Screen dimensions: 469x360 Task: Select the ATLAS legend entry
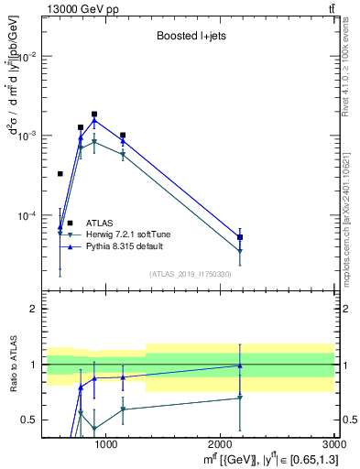coord(100,223)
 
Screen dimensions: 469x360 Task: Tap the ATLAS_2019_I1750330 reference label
coord(190,274)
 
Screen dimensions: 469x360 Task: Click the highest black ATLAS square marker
coord(94,115)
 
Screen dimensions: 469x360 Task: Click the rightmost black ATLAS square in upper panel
coord(240,237)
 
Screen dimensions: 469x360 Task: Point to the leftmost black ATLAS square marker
coord(60,173)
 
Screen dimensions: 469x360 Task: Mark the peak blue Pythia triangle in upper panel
coord(94,120)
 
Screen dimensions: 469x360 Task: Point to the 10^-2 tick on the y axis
coord(27,56)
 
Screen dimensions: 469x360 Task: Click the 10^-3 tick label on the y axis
coord(27,136)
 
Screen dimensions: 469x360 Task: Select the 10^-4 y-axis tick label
coord(27,216)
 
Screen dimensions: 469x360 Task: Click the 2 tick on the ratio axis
coord(34,309)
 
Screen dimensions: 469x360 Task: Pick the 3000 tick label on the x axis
coord(334,444)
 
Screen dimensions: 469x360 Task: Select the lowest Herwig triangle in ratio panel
coord(94,429)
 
